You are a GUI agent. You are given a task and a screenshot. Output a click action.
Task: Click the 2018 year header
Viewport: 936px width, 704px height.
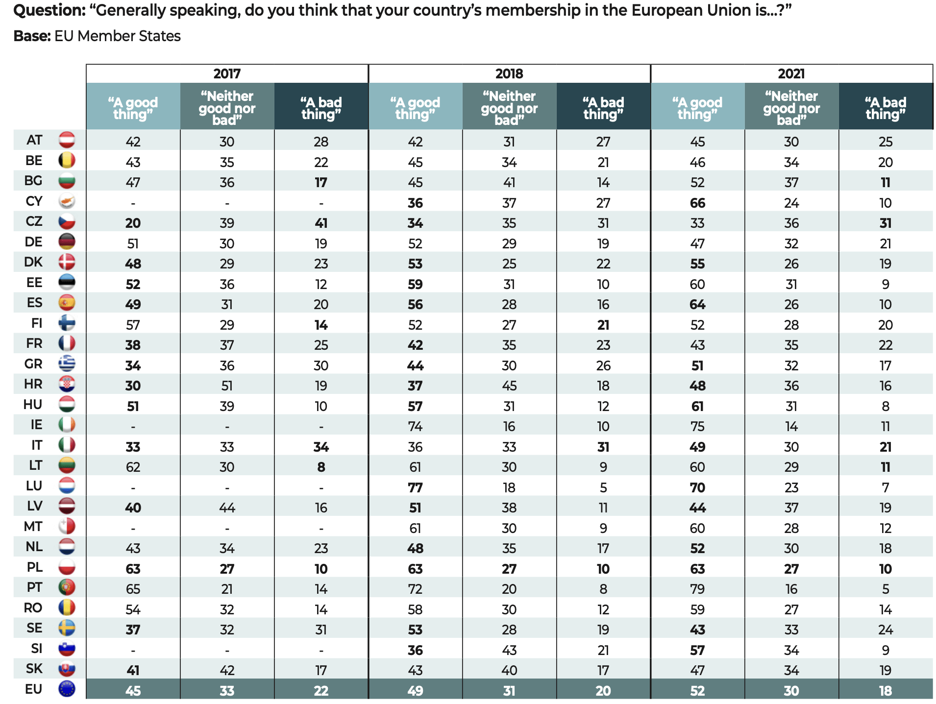[509, 73]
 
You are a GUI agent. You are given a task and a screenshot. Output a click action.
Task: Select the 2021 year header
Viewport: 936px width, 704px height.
[791, 73]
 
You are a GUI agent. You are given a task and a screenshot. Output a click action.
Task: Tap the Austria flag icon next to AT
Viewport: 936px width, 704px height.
[67, 140]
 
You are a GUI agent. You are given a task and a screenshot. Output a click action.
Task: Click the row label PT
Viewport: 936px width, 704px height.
[34, 587]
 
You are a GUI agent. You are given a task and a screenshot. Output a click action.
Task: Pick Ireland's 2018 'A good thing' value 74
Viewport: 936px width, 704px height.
[415, 427]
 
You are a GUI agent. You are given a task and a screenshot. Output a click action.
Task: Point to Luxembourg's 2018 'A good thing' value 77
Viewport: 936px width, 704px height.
[415, 487]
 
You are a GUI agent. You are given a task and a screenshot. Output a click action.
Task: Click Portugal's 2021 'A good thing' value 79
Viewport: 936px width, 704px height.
[697, 589]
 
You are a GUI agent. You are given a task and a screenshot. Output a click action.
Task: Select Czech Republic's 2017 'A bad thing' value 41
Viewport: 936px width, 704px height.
[321, 223]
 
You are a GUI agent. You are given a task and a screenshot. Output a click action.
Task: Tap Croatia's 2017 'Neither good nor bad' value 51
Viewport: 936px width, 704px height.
[227, 386]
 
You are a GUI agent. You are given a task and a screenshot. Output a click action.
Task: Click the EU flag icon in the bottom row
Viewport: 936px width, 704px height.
[67, 689]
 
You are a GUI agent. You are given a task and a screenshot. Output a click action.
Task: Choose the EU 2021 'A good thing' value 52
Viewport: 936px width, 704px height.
[697, 691]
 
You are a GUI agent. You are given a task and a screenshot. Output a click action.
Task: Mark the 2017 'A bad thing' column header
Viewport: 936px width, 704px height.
[321, 108]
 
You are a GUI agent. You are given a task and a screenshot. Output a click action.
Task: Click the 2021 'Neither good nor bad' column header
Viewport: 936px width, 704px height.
[791, 108]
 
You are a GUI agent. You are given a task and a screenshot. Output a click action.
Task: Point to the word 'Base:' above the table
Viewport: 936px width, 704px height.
[32, 36]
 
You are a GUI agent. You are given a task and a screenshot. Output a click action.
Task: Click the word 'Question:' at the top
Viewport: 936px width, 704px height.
[49, 10]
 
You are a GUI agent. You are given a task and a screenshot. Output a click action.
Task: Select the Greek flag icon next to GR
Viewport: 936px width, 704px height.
[67, 364]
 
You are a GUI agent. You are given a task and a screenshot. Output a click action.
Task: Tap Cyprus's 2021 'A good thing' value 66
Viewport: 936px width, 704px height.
[697, 203]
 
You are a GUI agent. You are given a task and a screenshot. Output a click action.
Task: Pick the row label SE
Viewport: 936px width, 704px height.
[34, 628]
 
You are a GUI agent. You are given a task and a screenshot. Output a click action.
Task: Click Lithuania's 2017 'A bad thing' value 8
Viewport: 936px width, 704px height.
[321, 467]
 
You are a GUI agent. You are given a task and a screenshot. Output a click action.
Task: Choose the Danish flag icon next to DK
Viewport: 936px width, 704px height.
[67, 262]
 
